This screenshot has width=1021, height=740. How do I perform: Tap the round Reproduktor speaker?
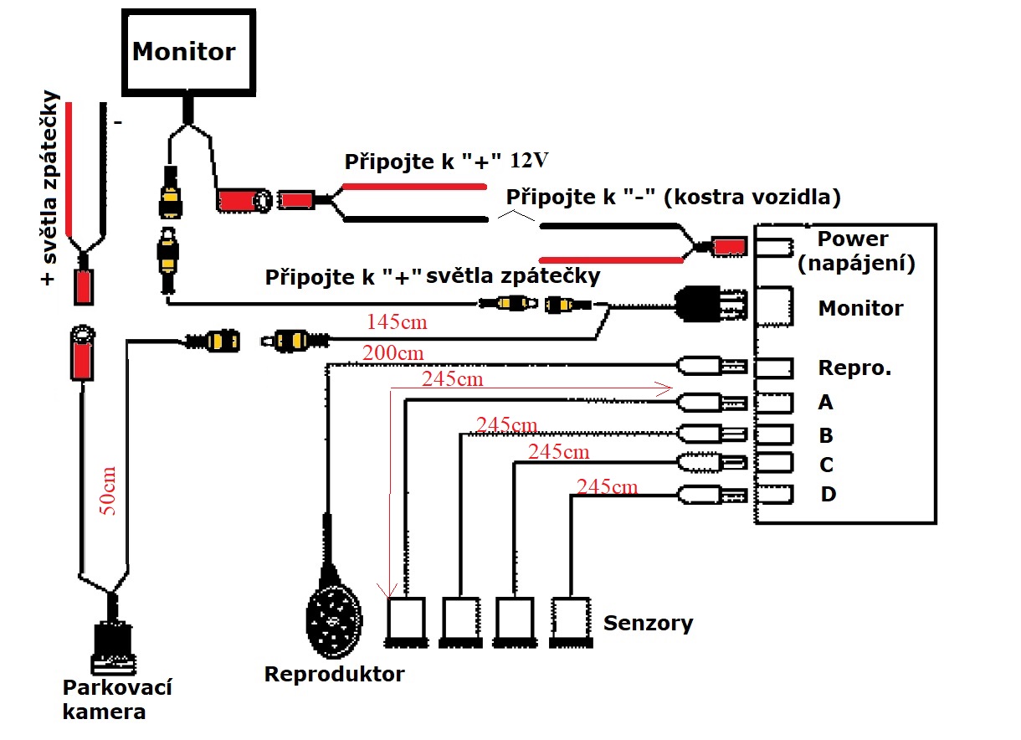pos(334,618)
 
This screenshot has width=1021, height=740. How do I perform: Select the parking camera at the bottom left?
pos(113,643)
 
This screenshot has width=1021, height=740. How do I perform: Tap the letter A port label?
pos(825,403)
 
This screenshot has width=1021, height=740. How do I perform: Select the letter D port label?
pos(828,495)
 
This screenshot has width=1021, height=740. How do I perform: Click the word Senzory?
pos(648,623)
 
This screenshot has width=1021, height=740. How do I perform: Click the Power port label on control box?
pos(853,239)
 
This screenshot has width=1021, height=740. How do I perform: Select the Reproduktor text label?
pos(334,674)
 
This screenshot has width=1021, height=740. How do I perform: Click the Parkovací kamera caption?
pos(116,700)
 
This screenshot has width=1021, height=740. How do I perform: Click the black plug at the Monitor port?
pos(711,307)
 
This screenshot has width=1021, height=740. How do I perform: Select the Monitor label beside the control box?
pos(860,308)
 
